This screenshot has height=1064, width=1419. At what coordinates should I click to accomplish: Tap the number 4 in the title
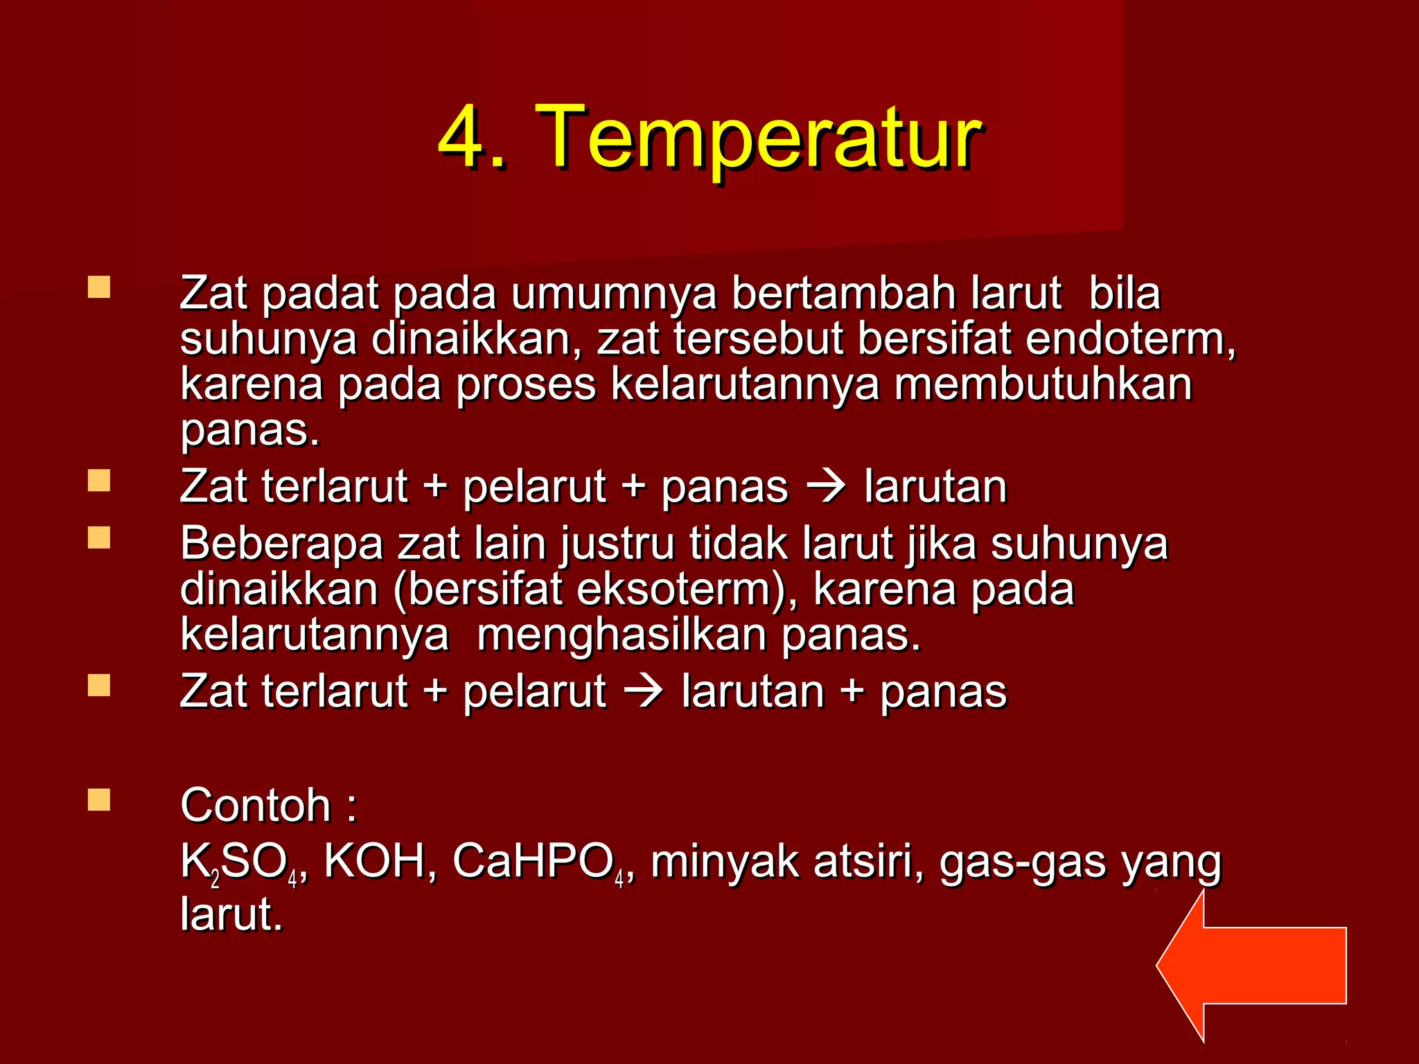click(x=463, y=136)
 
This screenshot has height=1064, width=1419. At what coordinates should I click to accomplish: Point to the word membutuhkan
click(x=1043, y=384)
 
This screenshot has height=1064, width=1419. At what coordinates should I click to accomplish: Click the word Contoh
click(x=256, y=806)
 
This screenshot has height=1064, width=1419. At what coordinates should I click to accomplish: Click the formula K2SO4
click(x=240, y=863)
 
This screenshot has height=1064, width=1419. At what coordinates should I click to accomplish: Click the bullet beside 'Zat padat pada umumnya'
click(x=99, y=287)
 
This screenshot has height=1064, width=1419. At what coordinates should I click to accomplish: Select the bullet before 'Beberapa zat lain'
click(x=99, y=538)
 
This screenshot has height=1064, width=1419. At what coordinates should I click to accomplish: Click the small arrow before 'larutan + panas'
click(x=644, y=691)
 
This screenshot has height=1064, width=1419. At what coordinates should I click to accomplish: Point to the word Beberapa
click(x=281, y=544)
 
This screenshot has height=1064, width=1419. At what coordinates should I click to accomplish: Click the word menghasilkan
click(x=622, y=635)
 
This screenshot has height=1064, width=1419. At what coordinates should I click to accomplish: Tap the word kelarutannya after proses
click(x=745, y=385)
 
